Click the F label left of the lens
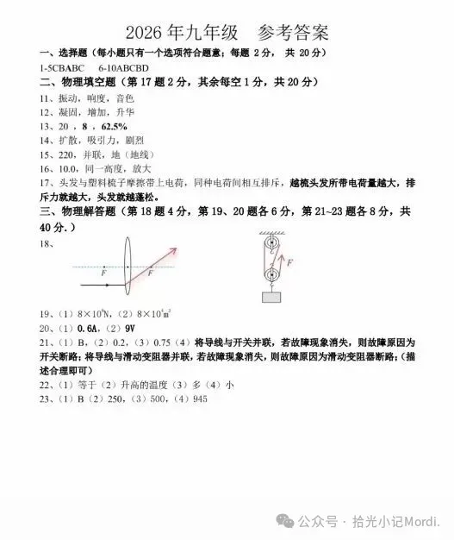103,273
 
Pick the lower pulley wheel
271,276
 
